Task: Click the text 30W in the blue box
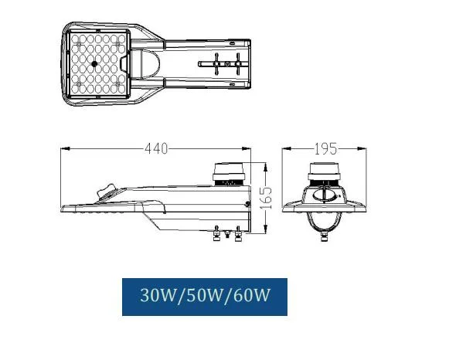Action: (157, 297)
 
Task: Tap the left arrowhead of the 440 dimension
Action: (64, 148)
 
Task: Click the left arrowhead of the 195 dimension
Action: (283, 148)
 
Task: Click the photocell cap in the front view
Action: (325, 171)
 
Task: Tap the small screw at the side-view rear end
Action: (246, 204)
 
